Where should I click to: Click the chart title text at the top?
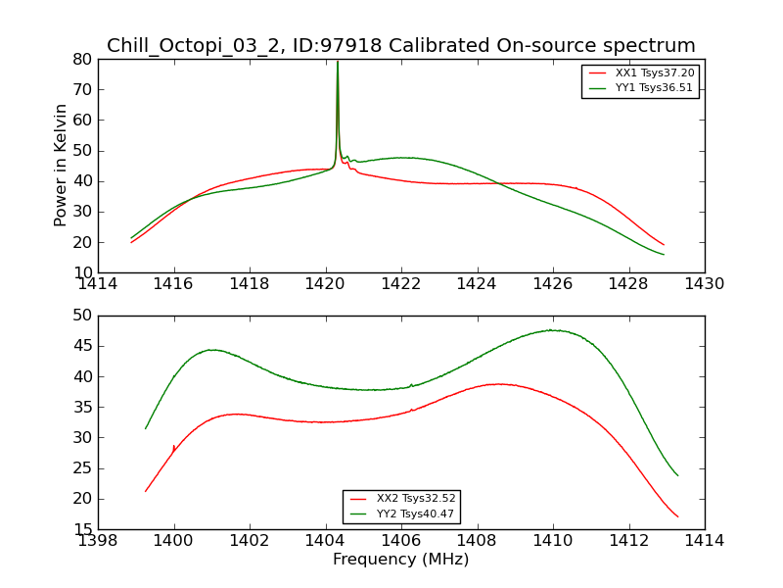400,46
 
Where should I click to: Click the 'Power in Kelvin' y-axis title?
61,165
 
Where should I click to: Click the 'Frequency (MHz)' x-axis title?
400,560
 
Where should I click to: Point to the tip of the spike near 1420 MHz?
338,62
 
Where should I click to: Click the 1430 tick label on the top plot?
704,284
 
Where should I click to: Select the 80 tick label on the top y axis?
82,60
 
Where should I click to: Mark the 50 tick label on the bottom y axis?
82,316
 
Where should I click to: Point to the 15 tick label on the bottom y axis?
82,529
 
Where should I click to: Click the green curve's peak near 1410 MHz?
553,330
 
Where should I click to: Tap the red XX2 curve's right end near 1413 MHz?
677,516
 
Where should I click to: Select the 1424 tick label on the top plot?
477,284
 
